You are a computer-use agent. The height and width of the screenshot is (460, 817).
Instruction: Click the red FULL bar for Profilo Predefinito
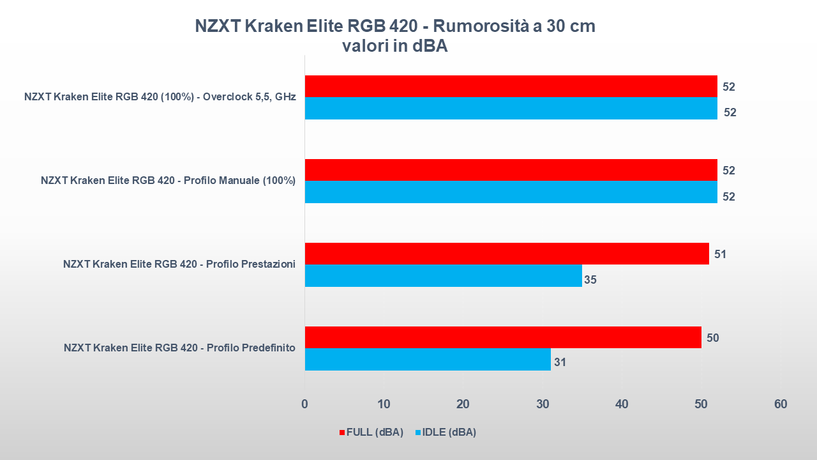pyautogui.click(x=503, y=337)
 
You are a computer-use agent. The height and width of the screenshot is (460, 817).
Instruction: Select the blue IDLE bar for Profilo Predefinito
pyautogui.click(x=428, y=360)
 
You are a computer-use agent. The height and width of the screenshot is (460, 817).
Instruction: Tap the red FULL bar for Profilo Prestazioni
pyautogui.click(x=507, y=254)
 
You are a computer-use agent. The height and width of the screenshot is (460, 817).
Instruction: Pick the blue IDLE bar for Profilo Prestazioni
pyautogui.click(x=443, y=275)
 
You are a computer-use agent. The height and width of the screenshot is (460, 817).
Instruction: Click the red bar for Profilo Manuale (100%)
pyautogui.click(x=511, y=170)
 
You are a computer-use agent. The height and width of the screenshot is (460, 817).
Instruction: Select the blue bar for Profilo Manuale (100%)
pyautogui.click(x=511, y=192)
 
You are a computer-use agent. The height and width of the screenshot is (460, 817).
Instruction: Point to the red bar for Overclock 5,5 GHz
pyautogui.click(x=511, y=86)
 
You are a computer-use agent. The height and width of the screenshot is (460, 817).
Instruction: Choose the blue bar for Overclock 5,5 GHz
pyautogui.click(x=511, y=108)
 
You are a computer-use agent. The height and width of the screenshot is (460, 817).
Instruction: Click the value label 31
pyautogui.click(x=560, y=363)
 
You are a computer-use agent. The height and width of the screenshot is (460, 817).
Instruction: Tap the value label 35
pyautogui.click(x=590, y=279)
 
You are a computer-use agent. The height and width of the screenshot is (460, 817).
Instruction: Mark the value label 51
pyautogui.click(x=721, y=254)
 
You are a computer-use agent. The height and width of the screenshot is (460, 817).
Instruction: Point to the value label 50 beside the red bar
pyautogui.click(x=713, y=338)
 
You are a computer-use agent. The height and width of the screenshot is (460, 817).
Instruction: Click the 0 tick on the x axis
pyautogui.click(x=304, y=404)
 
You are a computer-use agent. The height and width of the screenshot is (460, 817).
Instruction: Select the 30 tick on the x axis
pyautogui.click(x=543, y=404)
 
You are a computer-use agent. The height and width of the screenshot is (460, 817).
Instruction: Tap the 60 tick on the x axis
pyautogui.click(x=781, y=404)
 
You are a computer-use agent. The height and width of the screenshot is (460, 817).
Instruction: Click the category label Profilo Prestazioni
pyautogui.click(x=179, y=264)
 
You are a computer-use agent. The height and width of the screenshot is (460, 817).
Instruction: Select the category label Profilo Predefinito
pyautogui.click(x=179, y=348)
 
